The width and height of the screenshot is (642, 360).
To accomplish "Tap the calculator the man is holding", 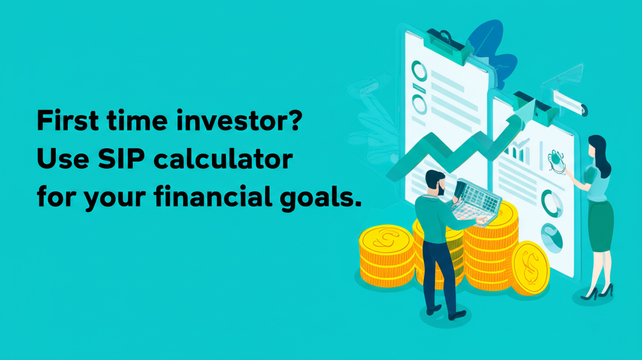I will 479,199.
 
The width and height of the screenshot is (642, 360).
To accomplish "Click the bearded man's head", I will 434,182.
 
